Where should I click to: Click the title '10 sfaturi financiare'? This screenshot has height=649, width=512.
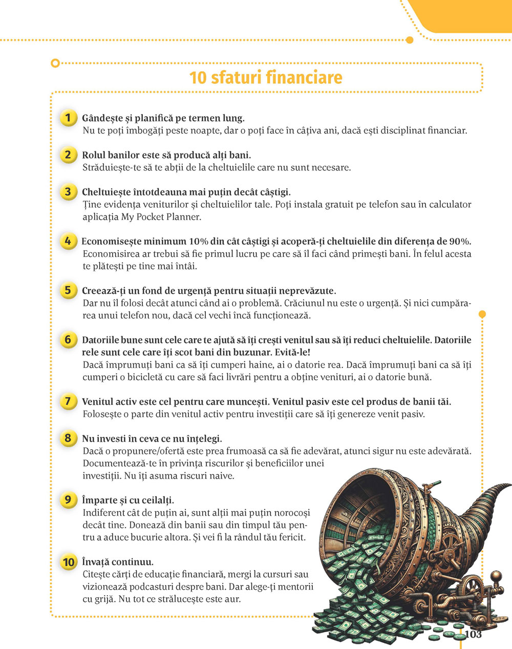[266, 78]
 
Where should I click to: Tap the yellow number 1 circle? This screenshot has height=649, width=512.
[68, 118]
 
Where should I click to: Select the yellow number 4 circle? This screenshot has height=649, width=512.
[68, 241]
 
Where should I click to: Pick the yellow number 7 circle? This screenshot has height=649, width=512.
[68, 401]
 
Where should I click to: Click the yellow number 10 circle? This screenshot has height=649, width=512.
[69, 562]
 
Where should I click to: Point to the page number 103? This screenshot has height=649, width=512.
[474, 634]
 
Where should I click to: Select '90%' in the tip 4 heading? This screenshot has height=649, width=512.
[459, 242]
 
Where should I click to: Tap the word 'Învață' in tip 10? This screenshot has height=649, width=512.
[96, 562]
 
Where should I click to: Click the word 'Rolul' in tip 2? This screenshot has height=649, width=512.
[93, 155]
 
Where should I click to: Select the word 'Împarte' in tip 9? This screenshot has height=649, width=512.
[100, 500]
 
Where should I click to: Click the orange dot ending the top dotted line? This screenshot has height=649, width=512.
[409, 40]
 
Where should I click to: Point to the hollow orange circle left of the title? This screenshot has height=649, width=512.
[55, 63]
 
